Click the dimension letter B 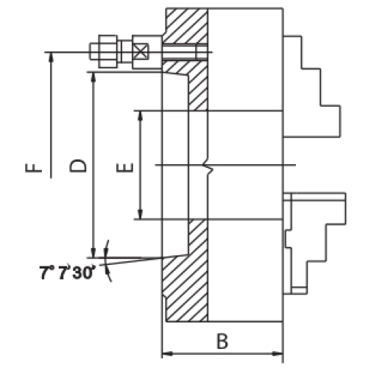(x=222, y=341)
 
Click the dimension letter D (x=78, y=166)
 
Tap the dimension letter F (x=34, y=168)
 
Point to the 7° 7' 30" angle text (x=67, y=272)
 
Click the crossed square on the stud (x=141, y=52)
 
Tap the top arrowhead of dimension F (x=51, y=57)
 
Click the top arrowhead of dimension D (x=93, y=77)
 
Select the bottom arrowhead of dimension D (x=93, y=253)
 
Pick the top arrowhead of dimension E (x=140, y=116)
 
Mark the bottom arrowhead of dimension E (x=140, y=214)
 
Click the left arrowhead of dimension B (x=168, y=354)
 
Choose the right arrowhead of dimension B (x=277, y=354)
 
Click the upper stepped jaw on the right (x=312, y=87)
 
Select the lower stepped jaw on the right (x=315, y=244)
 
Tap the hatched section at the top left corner (x=185, y=26)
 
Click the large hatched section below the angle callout (x=185, y=288)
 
